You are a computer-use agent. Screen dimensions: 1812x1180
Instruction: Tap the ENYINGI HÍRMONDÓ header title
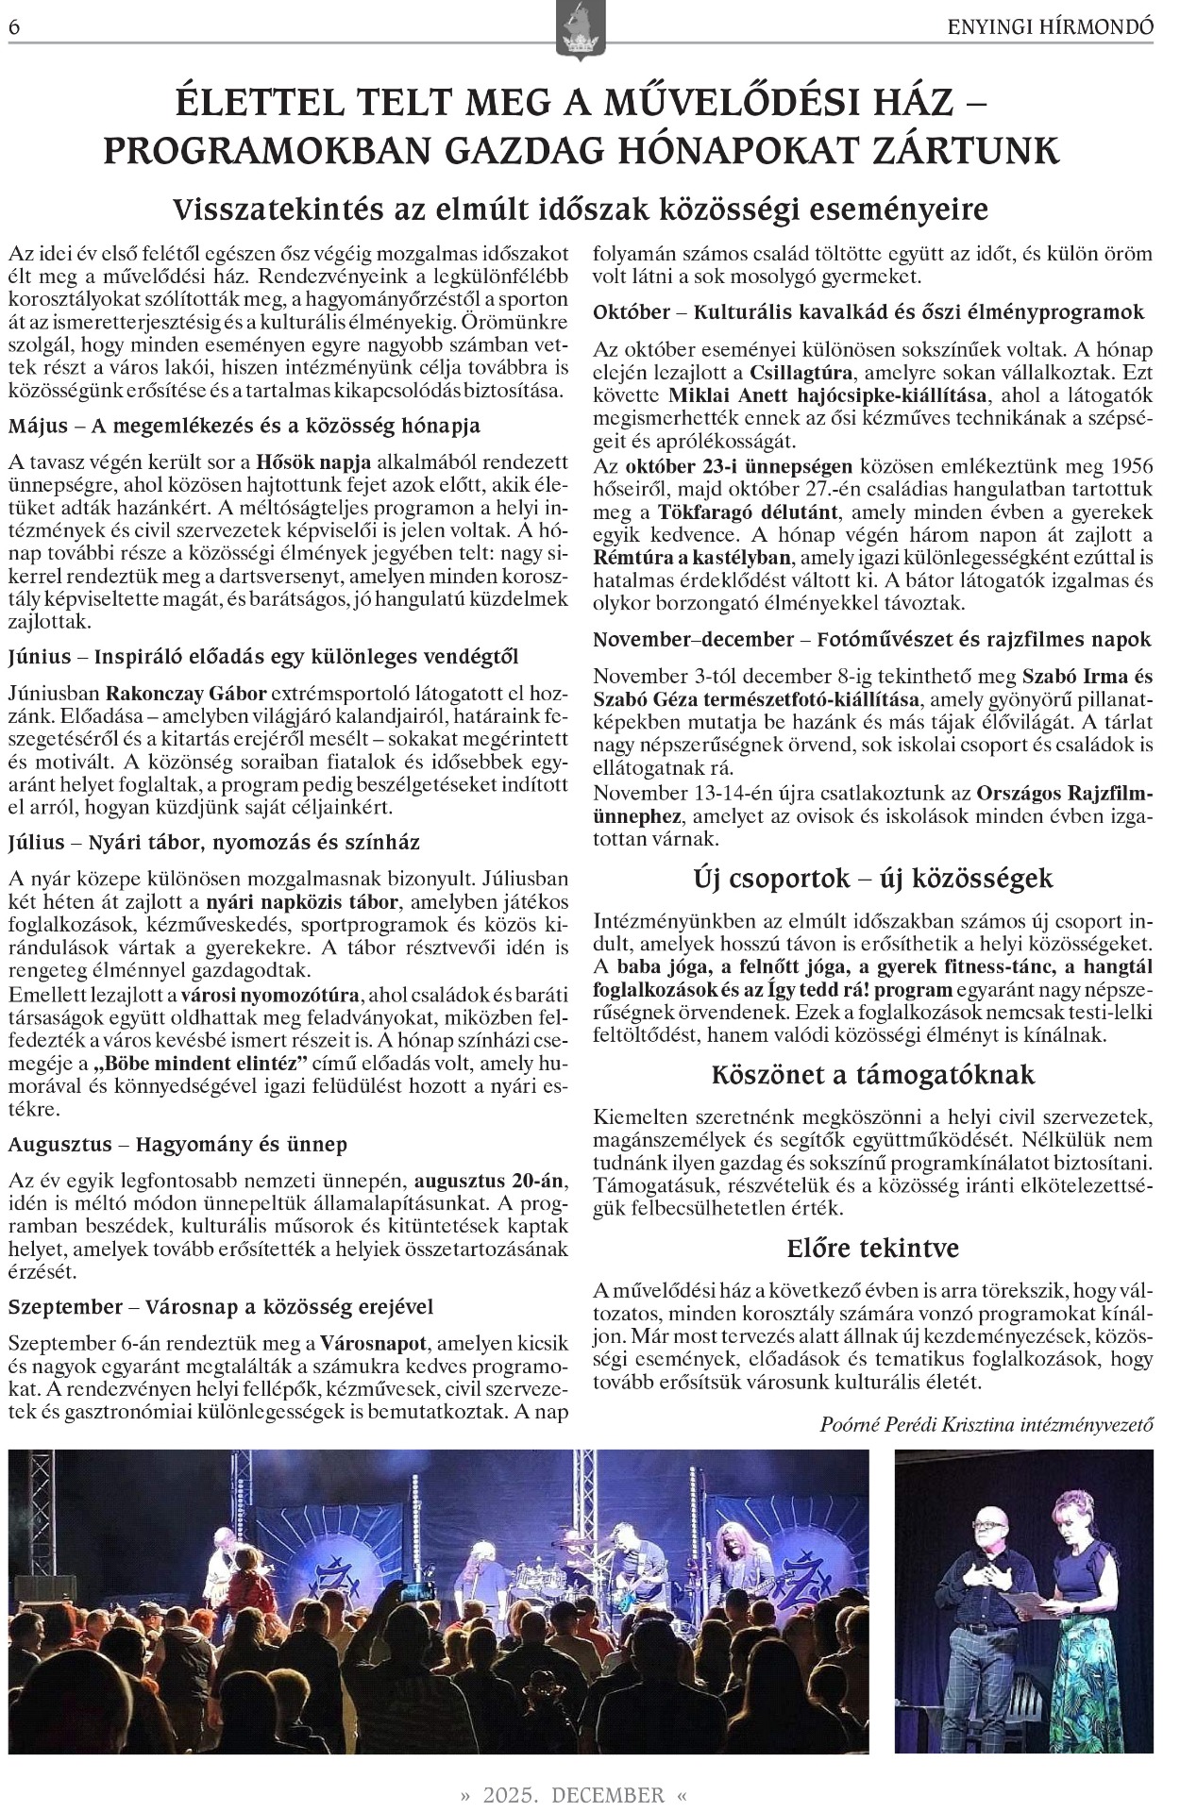pos(1050,27)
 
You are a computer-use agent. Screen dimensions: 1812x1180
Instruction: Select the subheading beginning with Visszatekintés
pos(581,209)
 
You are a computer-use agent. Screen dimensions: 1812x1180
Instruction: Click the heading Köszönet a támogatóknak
pos(872,1075)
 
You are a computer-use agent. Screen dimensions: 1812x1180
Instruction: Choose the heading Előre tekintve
pos(872,1248)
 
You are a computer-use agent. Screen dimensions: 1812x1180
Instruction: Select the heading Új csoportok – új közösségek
pos(872,879)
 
